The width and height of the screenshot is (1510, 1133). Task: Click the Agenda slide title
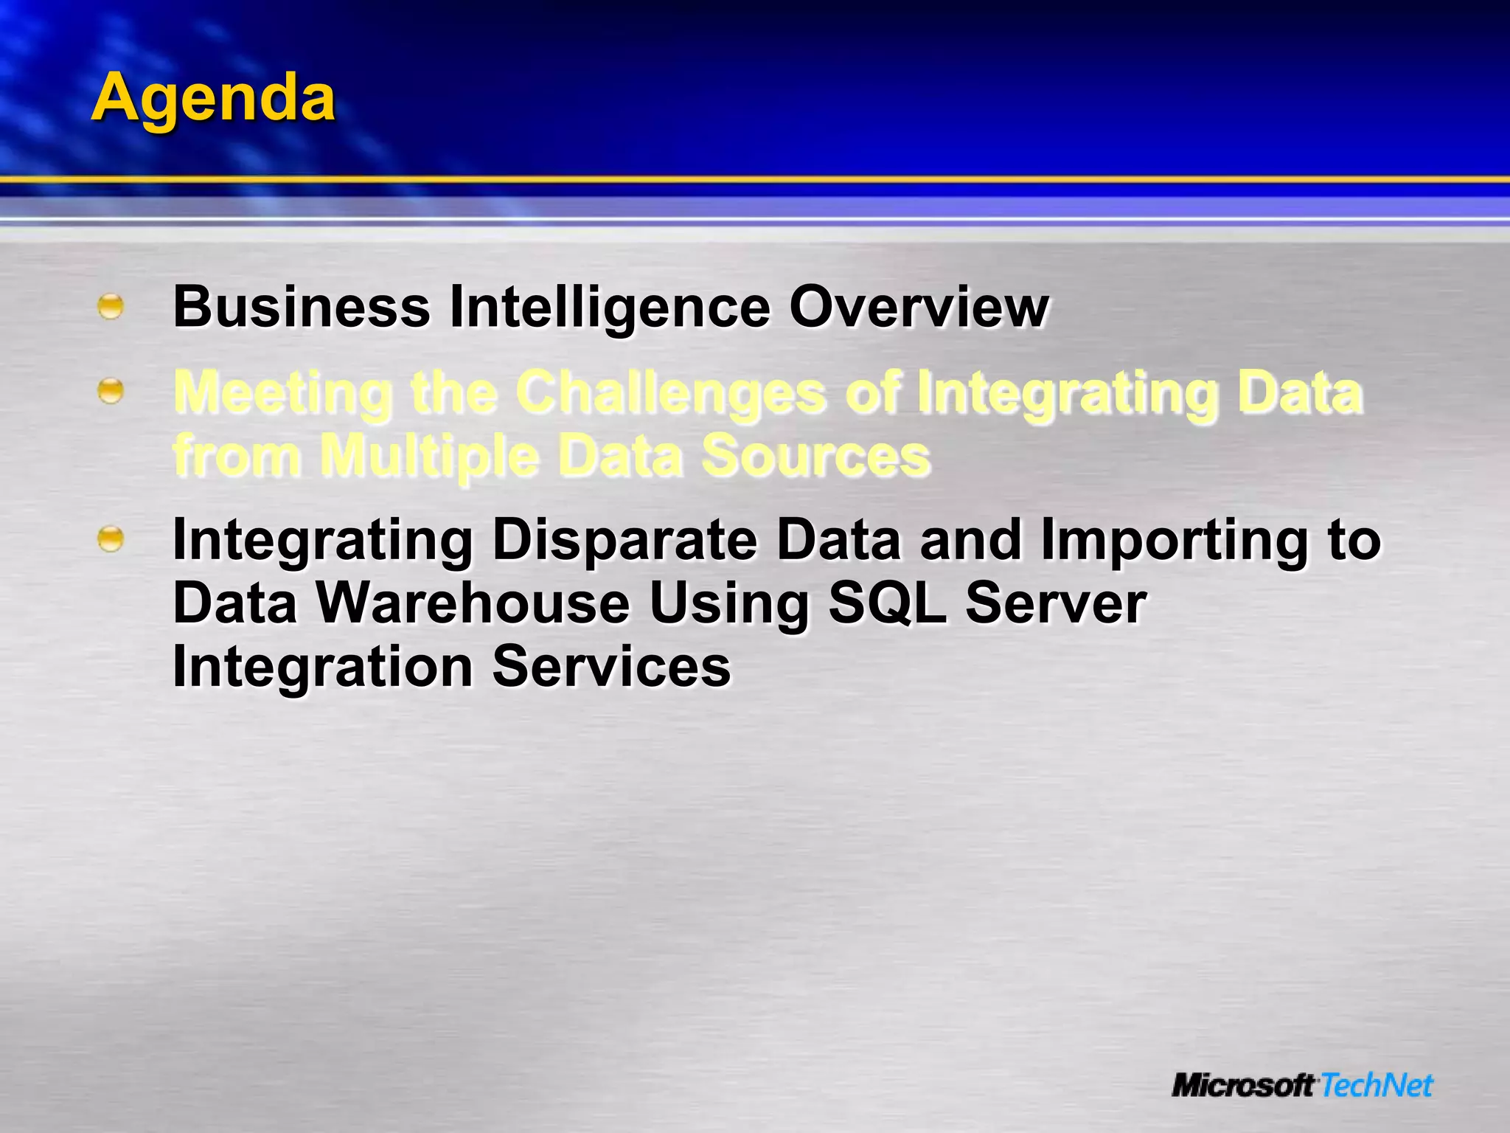(213, 98)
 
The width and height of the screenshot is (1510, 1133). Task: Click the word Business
(302, 307)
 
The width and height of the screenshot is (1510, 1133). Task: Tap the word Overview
(919, 307)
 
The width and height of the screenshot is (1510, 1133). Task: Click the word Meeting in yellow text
(283, 392)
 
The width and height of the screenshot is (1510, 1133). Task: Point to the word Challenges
(670, 392)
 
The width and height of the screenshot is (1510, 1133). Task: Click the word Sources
(815, 456)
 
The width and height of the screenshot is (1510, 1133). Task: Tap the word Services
(611, 667)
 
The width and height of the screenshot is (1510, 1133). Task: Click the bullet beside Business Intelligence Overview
(111, 306)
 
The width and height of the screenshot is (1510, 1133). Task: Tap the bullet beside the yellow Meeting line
(111, 391)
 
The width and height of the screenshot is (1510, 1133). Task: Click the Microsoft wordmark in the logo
(1243, 1086)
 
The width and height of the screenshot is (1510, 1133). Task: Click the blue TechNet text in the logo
(1376, 1086)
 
